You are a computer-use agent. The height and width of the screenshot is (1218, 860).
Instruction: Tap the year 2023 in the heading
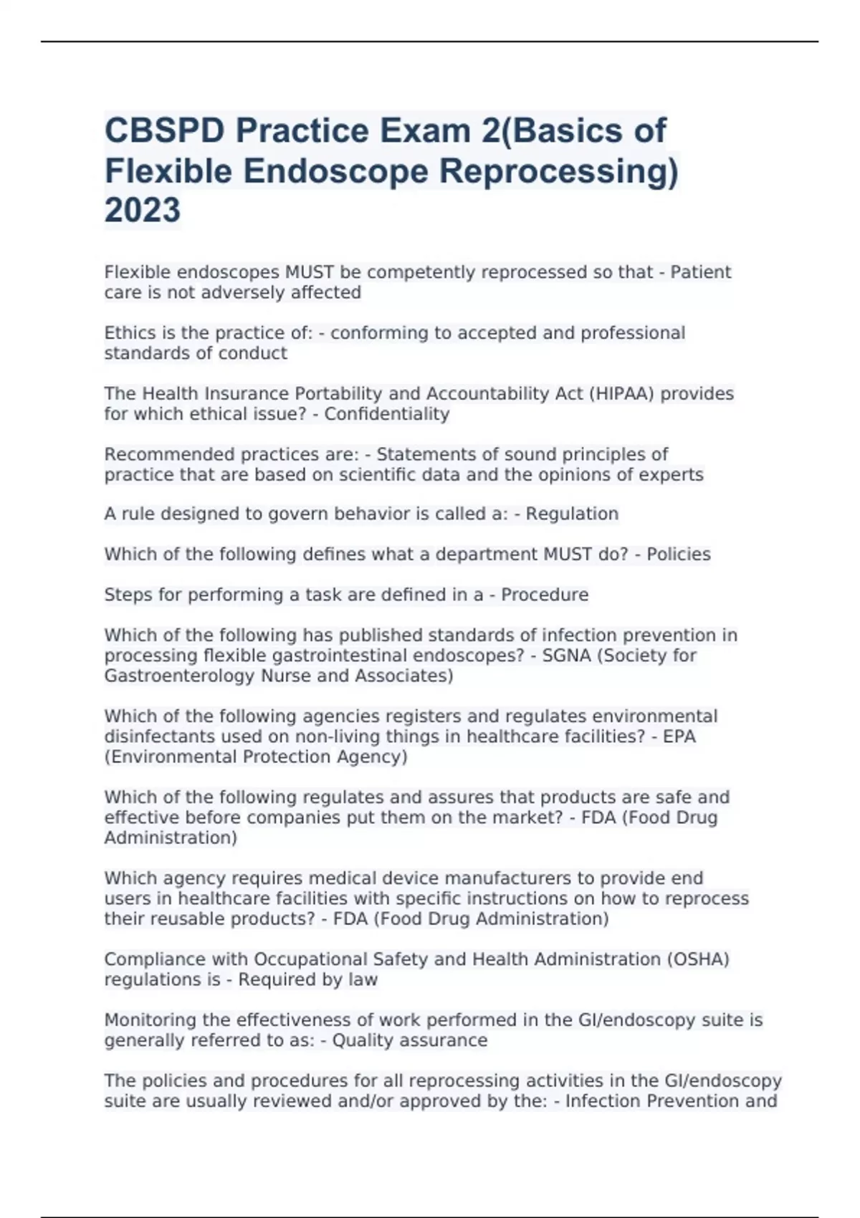click(x=143, y=211)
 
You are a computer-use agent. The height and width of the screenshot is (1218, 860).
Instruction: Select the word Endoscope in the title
click(x=336, y=171)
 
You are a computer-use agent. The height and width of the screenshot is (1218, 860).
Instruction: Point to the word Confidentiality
click(x=387, y=414)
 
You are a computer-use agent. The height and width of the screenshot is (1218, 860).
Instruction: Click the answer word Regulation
click(x=572, y=514)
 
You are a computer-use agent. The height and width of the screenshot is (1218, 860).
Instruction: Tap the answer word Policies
click(x=679, y=555)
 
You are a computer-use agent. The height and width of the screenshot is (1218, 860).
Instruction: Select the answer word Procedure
click(x=545, y=595)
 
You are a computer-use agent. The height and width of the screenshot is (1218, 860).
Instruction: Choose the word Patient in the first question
click(x=700, y=272)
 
